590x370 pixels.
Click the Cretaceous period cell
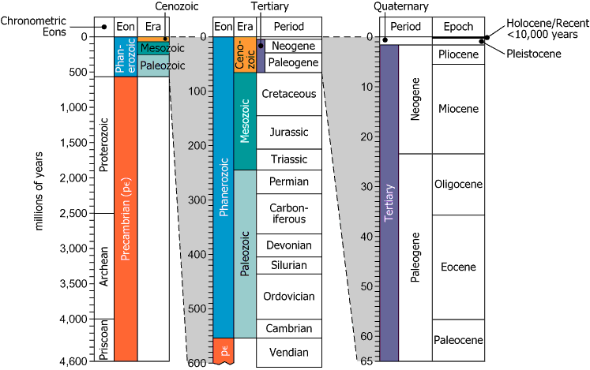point(288,94)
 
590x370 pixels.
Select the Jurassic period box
point(288,131)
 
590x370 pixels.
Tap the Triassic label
point(288,159)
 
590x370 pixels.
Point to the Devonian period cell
point(288,245)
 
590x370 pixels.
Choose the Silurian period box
point(288,265)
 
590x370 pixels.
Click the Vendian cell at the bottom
point(288,353)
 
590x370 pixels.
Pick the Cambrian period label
point(288,329)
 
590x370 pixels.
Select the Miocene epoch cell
point(458,108)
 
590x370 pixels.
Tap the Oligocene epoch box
point(458,185)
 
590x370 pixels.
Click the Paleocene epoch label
point(458,340)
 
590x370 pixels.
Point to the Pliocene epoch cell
point(458,55)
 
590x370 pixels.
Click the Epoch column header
point(458,26)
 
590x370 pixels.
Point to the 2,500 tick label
point(73,213)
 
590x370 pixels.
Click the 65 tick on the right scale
point(366,361)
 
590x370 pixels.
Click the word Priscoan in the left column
point(105,340)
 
